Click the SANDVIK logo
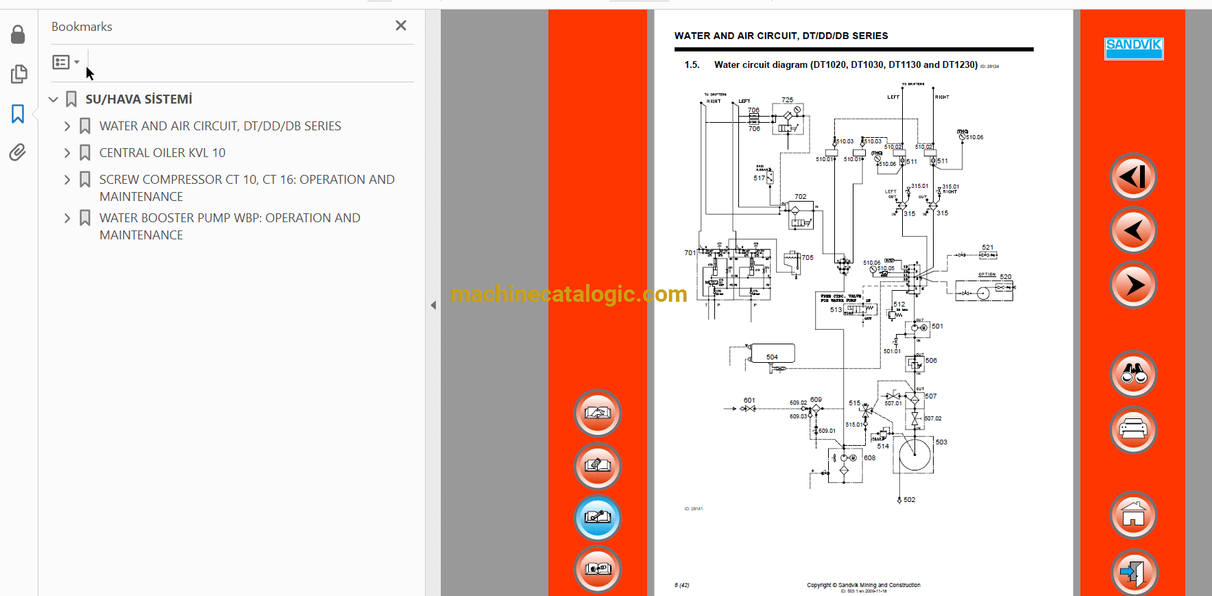coord(1133,48)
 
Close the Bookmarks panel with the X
coord(401,25)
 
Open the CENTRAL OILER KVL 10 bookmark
coord(162,153)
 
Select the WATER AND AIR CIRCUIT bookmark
coord(219,126)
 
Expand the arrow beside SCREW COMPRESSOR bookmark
coord(67,180)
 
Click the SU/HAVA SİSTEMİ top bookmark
coord(138,99)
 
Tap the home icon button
coord(1133,514)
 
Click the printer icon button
coord(1133,430)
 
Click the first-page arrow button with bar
coord(1133,177)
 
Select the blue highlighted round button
coord(597,518)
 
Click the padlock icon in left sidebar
coord(19,34)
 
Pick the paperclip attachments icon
coord(19,152)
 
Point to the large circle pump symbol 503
coord(914,454)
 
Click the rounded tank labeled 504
coord(773,354)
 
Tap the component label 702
coord(800,197)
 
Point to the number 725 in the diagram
coord(787,100)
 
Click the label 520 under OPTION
coord(1005,277)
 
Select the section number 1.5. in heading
coord(692,65)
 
